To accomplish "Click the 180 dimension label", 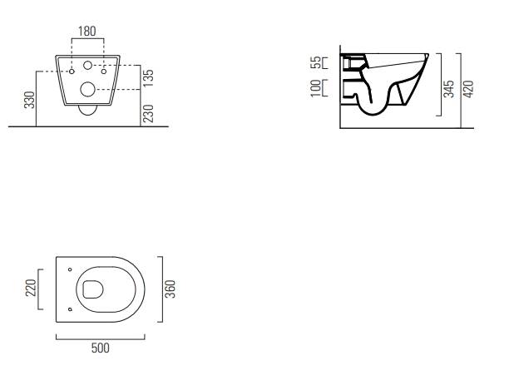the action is pyautogui.click(x=87, y=31).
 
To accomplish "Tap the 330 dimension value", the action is pyautogui.click(x=30, y=100).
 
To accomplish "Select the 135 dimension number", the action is pyautogui.click(x=148, y=78).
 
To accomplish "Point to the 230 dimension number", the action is pyautogui.click(x=148, y=113).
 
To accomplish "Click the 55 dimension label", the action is pyautogui.click(x=316, y=62).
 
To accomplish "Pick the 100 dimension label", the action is pyautogui.click(x=316, y=88).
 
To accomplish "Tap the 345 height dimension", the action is pyautogui.click(x=449, y=89).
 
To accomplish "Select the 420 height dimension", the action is pyautogui.click(x=468, y=89).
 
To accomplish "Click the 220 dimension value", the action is pyautogui.click(x=31, y=288).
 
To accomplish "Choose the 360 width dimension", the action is pyautogui.click(x=170, y=289).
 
